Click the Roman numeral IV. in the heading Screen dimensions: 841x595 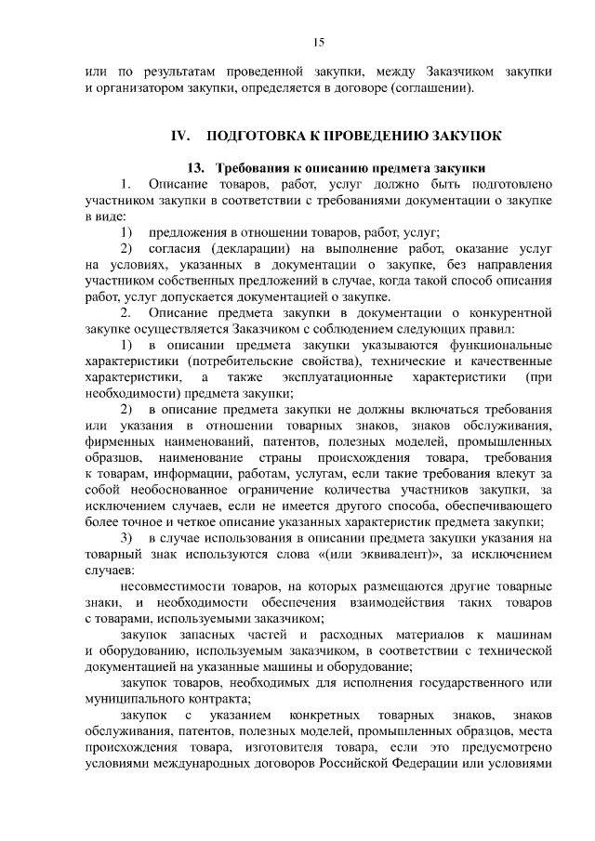180,136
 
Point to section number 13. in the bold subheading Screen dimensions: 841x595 196,168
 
